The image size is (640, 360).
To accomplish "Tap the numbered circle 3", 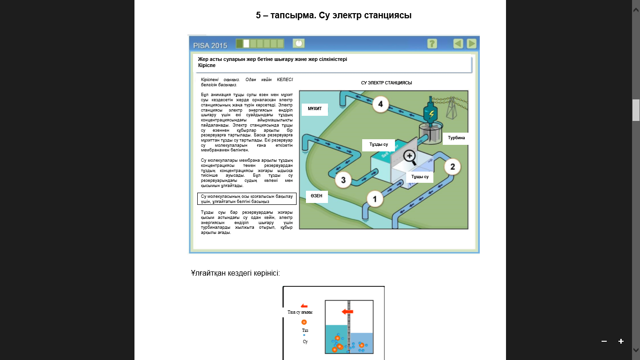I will click(343, 179).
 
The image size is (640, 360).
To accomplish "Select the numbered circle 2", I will click(452, 166).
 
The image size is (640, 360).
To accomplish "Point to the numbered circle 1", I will click(374, 200).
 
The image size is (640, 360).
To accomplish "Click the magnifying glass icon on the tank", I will click(410, 157).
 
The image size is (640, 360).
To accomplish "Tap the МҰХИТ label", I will click(314, 109).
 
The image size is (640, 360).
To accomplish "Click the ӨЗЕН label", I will click(316, 196).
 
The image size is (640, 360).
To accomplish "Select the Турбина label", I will click(456, 138).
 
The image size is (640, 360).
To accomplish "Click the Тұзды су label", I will click(379, 145).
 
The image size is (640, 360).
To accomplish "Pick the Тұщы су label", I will click(420, 177).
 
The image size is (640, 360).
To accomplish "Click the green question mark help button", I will click(432, 44).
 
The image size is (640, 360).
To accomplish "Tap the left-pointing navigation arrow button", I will click(458, 44).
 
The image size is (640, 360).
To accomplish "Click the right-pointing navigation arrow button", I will click(471, 44).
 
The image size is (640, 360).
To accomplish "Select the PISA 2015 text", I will click(210, 45).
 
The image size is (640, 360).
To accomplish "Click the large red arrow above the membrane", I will click(347, 312).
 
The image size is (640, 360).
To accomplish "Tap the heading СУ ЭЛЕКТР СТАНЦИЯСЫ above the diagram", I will click(386, 83).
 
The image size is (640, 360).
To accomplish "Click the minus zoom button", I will click(604, 341).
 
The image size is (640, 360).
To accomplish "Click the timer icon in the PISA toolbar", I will click(298, 43).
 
